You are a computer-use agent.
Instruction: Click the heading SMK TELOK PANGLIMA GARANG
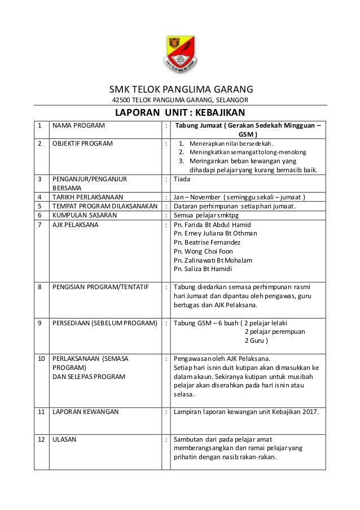tap(181, 89)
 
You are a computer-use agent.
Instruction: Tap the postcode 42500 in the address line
tap(122, 100)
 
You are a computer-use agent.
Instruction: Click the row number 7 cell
tap(40, 224)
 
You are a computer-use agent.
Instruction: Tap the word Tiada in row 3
tap(182, 179)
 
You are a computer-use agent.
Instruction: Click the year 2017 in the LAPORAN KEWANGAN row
tap(310, 412)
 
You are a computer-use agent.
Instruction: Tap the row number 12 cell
tap(41, 439)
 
